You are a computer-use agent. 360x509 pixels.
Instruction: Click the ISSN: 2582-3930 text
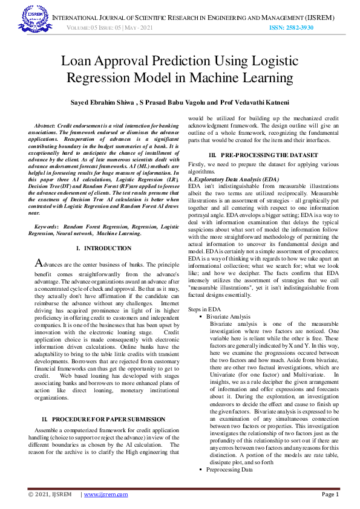pos(291,28)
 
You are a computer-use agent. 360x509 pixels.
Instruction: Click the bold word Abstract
pos(47,124)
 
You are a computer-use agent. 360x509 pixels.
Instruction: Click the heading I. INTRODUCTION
pos(103,248)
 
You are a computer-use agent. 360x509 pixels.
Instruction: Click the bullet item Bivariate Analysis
pos(228,316)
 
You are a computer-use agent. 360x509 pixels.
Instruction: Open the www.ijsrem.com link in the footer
pos(106,494)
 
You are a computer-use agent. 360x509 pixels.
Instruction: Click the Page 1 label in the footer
pos(330,494)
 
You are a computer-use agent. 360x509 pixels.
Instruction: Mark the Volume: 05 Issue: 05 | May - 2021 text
pos(106,28)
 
